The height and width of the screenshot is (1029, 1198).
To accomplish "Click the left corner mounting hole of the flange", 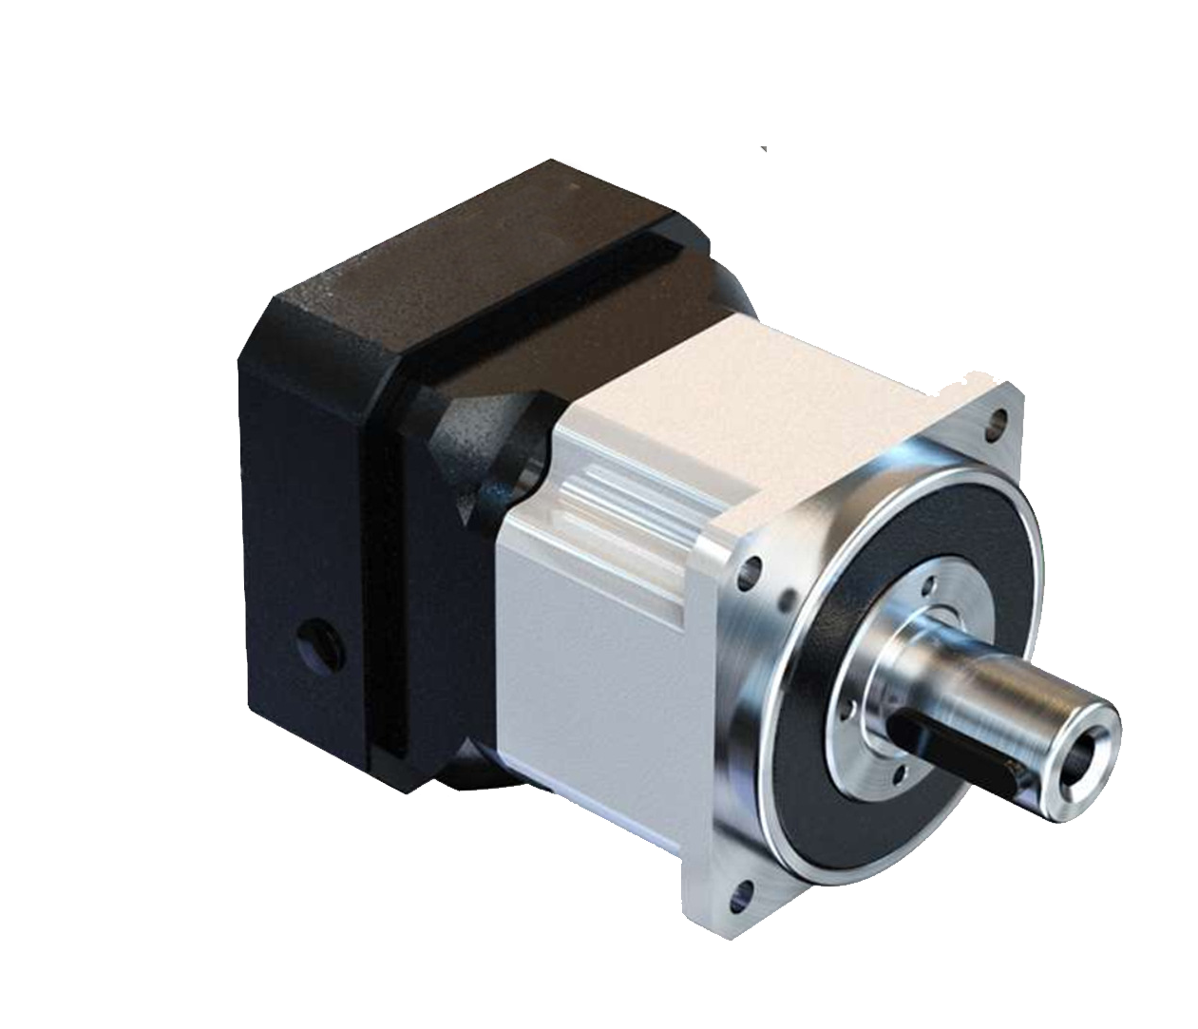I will pyautogui.click(x=751, y=571).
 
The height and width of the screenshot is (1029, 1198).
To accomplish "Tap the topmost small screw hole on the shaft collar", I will pyautogui.click(x=928, y=586).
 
